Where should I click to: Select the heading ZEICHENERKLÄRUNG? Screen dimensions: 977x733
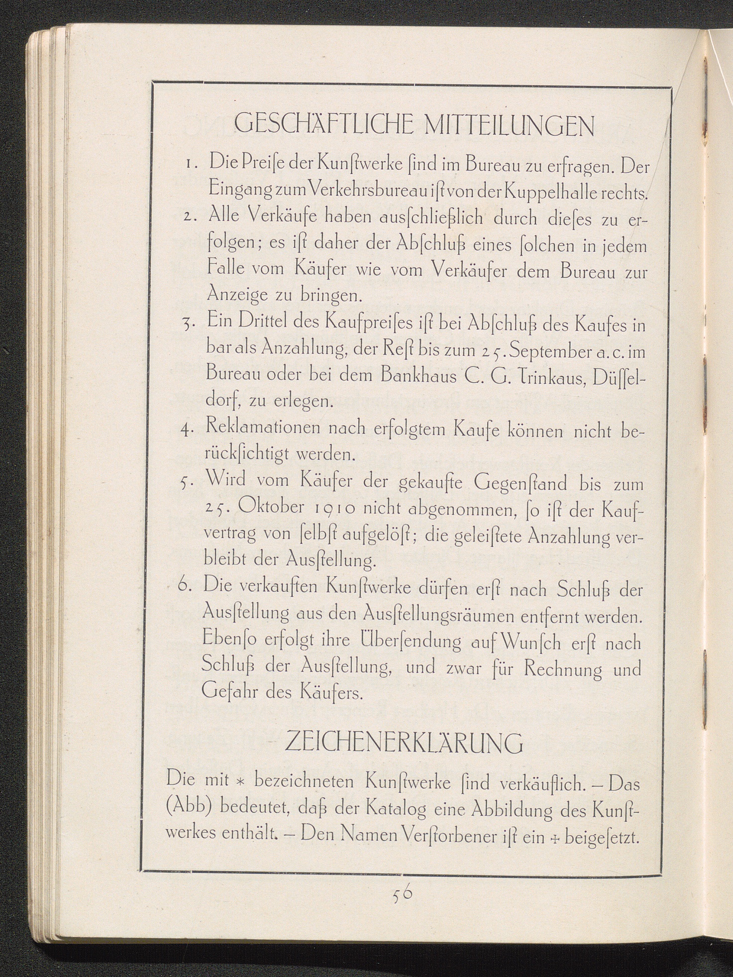(404, 744)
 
